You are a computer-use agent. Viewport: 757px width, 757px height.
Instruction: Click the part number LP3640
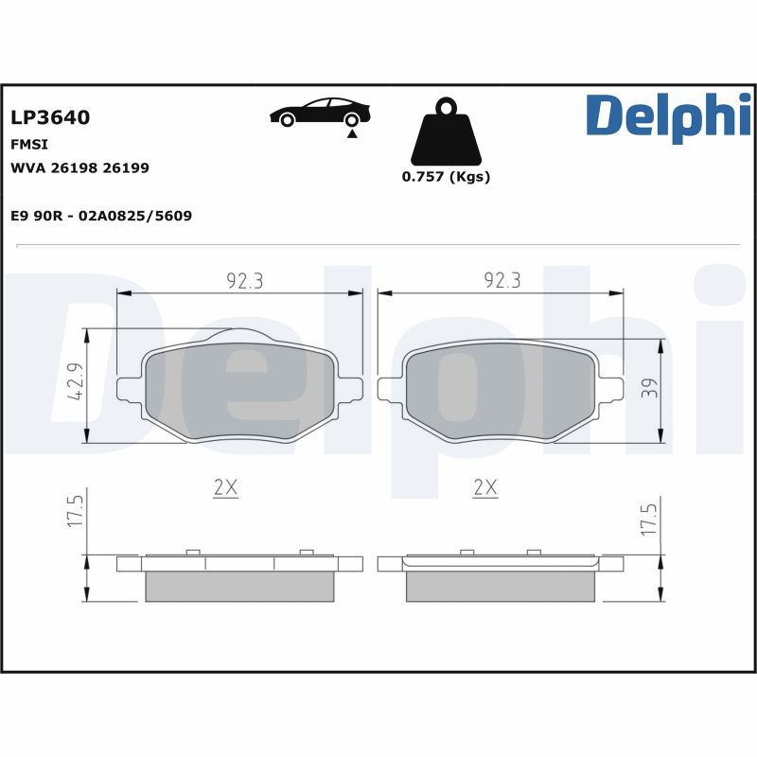(x=50, y=118)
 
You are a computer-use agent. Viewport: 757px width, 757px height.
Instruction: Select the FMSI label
(x=29, y=145)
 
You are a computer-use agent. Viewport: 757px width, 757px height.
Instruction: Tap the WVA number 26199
(x=125, y=167)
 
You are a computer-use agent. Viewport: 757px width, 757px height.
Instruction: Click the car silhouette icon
(x=320, y=113)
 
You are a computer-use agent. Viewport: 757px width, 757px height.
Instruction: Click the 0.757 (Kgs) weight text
(x=446, y=177)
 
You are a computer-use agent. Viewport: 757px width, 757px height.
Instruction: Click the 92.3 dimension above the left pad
(x=244, y=280)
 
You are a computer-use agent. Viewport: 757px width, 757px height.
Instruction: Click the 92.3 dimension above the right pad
(x=502, y=280)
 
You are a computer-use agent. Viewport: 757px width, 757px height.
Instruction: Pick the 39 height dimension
(x=648, y=389)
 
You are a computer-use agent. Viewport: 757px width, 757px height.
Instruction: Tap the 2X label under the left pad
(x=225, y=488)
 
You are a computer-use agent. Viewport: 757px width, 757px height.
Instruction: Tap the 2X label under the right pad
(x=484, y=488)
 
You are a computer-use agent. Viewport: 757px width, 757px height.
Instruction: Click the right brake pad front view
(x=501, y=391)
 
